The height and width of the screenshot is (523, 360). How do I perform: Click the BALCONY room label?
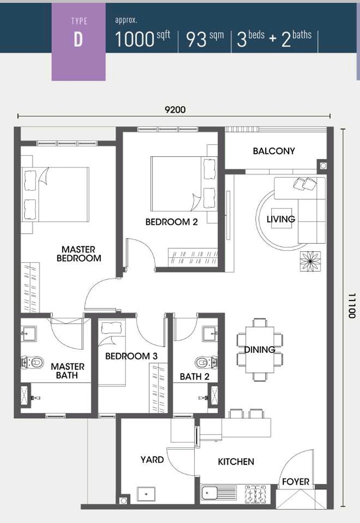(274, 151)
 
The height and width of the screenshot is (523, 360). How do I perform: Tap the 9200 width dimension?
(175, 110)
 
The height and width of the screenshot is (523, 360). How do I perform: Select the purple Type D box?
(78, 41)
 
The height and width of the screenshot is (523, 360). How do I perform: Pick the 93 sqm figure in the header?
(205, 39)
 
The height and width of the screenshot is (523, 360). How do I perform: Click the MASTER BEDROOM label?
(79, 254)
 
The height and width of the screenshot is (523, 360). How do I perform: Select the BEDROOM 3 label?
(131, 356)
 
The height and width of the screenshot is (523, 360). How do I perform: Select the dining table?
(260, 350)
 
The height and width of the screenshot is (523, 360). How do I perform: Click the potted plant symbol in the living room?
(310, 261)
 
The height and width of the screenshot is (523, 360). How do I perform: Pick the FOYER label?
(296, 482)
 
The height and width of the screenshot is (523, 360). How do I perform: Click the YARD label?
(152, 460)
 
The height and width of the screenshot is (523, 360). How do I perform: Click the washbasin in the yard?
(146, 494)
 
